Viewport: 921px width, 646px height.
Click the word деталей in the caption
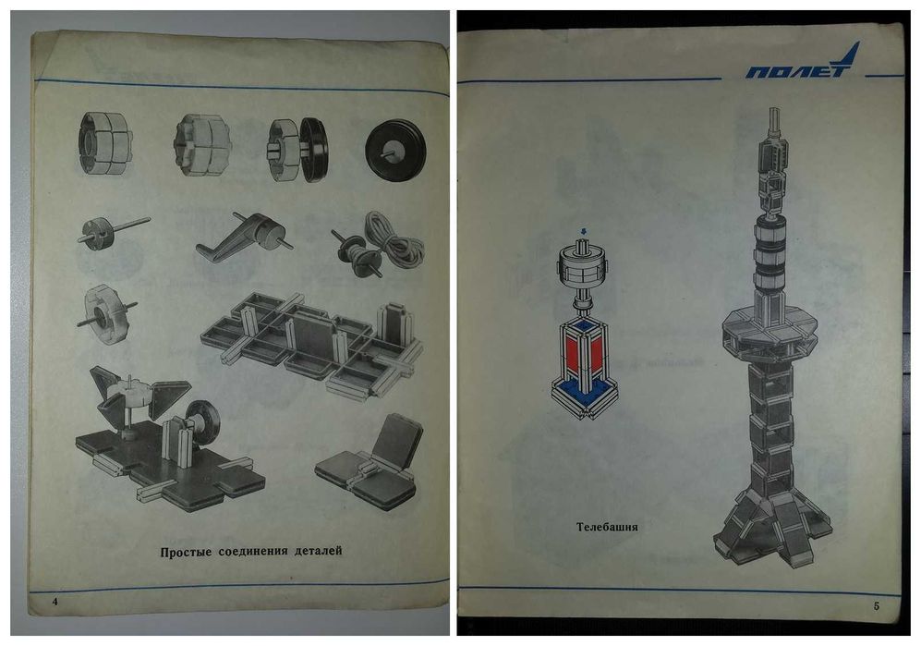pyautogui.click(x=318, y=552)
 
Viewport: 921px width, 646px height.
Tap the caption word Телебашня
pyautogui.click(x=607, y=527)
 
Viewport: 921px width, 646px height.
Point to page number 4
pyautogui.click(x=55, y=602)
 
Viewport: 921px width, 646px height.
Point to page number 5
pyautogui.click(x=877, y=605)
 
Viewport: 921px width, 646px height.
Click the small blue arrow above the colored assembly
pyautogui.click(x=583, y=231)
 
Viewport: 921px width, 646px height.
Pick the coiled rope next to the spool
pyautogui.click(x=394, y=240)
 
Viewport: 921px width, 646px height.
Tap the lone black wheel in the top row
pyautogui.click(x=394, y=151)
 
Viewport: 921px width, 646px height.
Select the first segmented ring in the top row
pyautogui.click(x=104, y=143)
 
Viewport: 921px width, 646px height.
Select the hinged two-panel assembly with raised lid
pyautogui.click(x=371, y=464)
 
